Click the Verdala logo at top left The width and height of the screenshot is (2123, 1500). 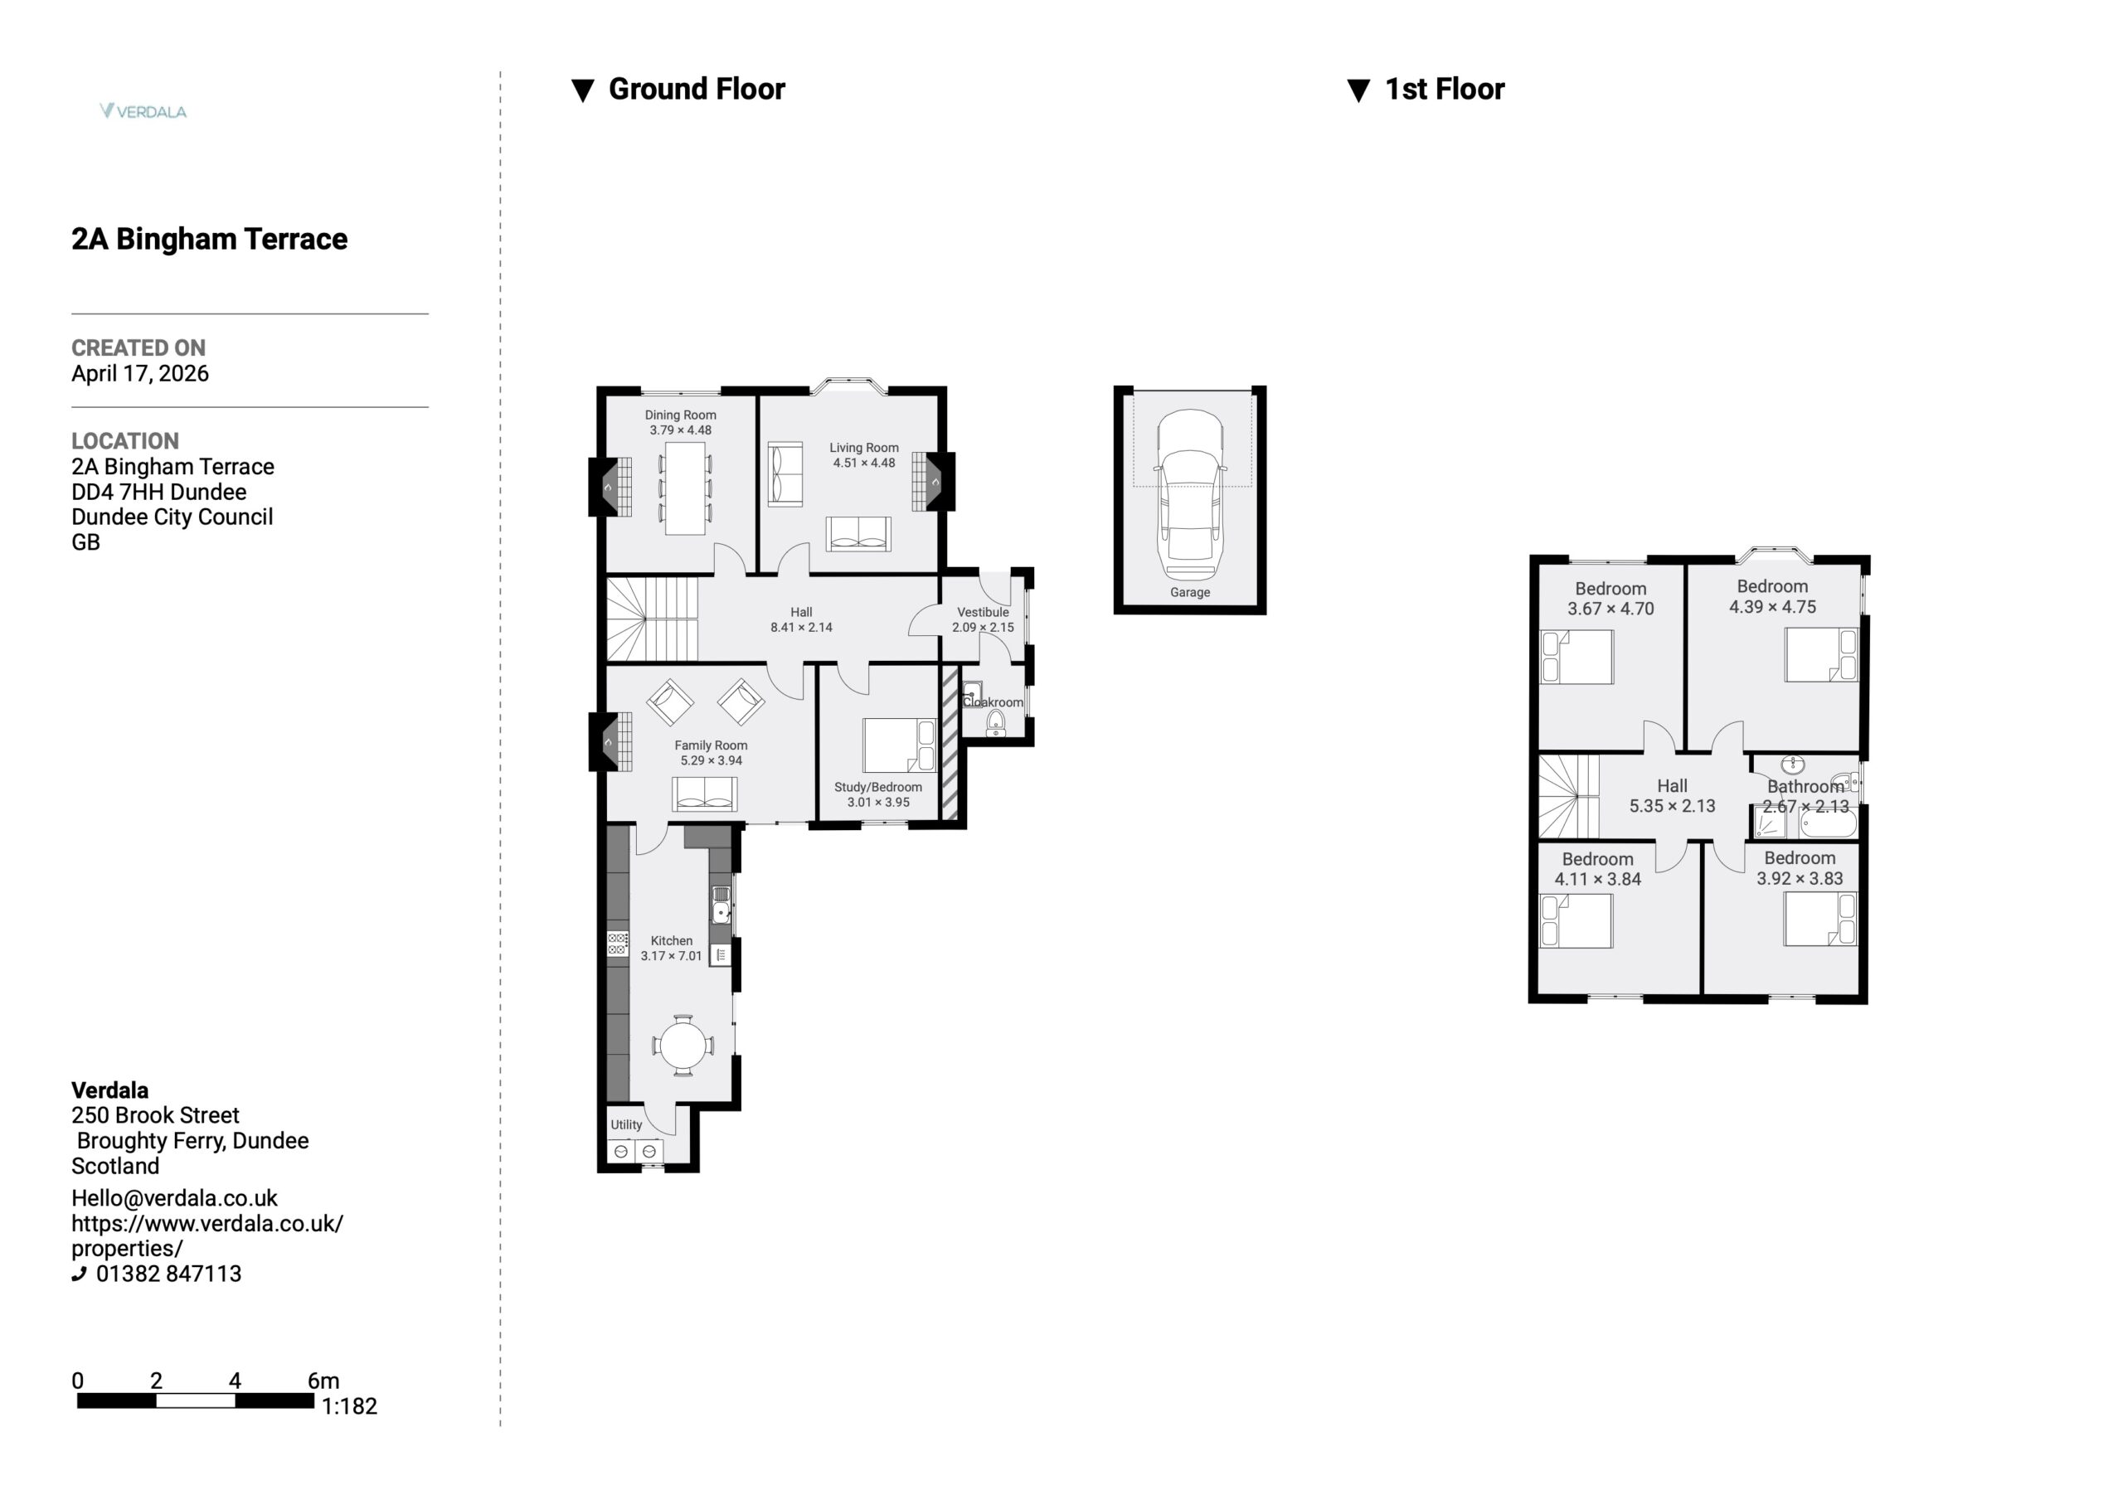coord(143,111)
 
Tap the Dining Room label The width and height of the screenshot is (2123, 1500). coord(681,415)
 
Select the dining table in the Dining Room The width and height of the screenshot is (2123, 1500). coord(685,488)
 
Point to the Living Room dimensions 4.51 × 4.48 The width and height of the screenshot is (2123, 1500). coord(863,464)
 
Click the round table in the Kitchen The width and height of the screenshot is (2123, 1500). coord(683,1046)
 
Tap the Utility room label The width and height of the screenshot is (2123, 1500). coord(626,1124)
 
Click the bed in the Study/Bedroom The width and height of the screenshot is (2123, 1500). coord(900,745)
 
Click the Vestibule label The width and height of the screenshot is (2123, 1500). coord(983,612)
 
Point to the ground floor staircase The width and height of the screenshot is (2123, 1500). coord(652,619)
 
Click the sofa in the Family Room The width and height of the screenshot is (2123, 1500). coord(705,794)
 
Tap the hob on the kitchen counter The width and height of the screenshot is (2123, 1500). coord(618,944)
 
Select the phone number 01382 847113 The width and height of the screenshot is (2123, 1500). coord(168,1274)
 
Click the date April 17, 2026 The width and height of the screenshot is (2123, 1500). coord(140,374)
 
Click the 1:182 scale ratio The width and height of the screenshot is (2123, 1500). coord(349,1405)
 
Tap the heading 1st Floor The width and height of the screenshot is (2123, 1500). coord(1445,89)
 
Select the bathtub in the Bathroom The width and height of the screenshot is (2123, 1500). coord(1828,822)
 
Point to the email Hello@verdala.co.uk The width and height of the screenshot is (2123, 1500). coord(175,1198)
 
